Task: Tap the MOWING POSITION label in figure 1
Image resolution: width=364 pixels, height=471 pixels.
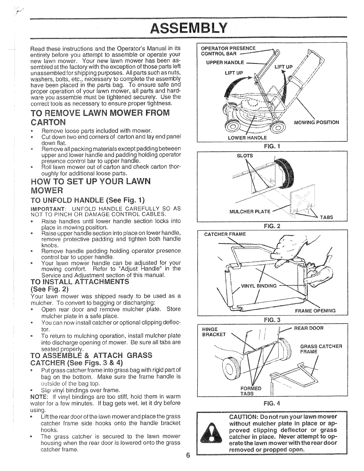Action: (316, 122)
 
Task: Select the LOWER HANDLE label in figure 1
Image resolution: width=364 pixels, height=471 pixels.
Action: (247, 138)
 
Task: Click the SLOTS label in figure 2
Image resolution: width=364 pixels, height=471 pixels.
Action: (246, 156)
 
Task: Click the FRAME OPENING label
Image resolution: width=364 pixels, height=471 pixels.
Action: (315, 311)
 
